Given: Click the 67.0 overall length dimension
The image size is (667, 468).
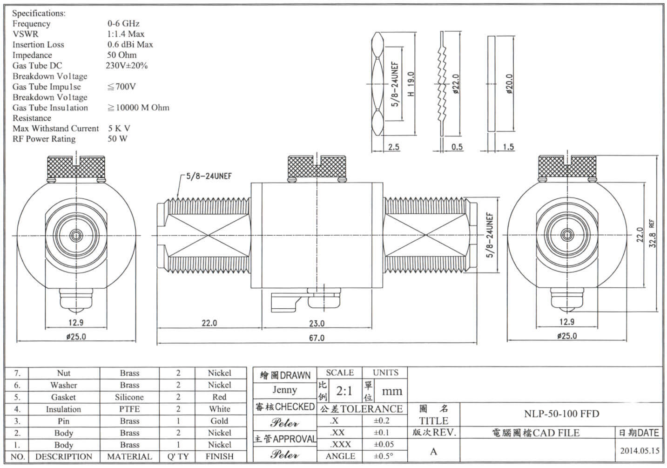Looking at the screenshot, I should (317, 338).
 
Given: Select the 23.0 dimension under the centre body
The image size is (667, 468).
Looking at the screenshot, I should (317, 323).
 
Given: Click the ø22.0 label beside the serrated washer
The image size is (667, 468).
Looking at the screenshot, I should (456, 84).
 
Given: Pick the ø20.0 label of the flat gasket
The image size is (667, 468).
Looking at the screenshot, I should (509, 84).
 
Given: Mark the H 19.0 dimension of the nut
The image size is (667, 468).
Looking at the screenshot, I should (411, 84).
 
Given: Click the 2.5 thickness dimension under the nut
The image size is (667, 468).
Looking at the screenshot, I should (394, 147).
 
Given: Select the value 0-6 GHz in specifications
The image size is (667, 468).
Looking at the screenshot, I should (123, 23).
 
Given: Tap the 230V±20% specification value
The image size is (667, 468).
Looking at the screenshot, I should (127, 66).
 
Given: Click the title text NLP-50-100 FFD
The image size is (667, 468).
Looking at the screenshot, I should (561, 414).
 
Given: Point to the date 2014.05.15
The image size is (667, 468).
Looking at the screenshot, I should (640, 450).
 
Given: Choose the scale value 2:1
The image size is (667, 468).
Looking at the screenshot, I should (344, 391).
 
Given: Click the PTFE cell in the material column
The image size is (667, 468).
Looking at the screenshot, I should (129, 409).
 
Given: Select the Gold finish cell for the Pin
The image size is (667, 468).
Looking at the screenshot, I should (219, 421).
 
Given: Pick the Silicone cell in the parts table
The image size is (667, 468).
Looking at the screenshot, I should (129, 397).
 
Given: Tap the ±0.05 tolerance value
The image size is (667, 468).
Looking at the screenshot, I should (384, 444).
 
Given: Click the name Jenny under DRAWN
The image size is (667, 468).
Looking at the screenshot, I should (284, 390).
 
